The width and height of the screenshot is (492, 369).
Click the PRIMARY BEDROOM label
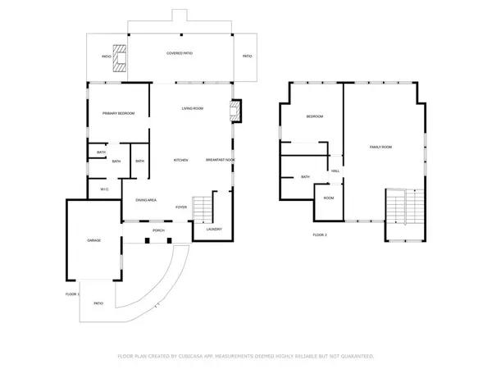point(118,113)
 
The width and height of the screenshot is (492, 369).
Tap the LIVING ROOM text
point(193,108)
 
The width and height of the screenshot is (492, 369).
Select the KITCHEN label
point(181,160)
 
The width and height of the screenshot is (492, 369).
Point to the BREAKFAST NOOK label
point(221,160)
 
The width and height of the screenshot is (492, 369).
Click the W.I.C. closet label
point(105,189)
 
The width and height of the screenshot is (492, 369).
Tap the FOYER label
point(181,207)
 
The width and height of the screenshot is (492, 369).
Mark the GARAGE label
point(94,241)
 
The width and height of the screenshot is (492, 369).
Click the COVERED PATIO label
point(180,53)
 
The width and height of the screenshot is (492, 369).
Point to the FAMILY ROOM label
point(380,147)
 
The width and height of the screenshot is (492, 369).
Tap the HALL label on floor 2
point(335,171)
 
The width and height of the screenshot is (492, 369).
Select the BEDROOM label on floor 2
point(315,116)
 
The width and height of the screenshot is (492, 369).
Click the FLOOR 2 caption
point(320,235)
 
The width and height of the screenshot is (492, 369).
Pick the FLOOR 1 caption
point(72,294)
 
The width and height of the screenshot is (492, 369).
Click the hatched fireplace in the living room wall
point(235,111)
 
